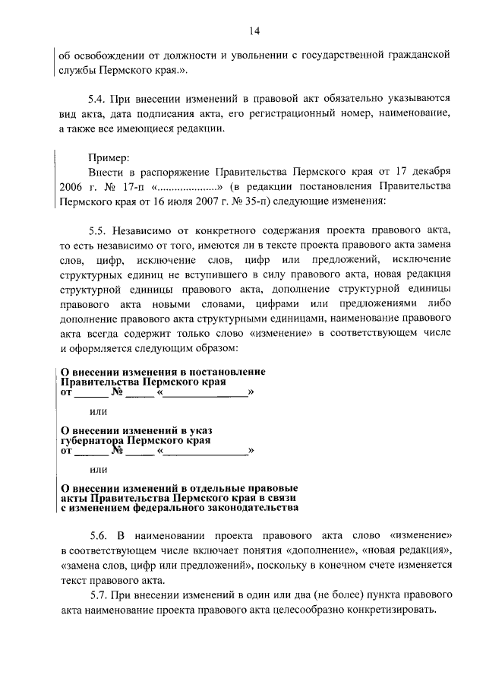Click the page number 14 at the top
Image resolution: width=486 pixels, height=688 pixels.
(x=254, y=30)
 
